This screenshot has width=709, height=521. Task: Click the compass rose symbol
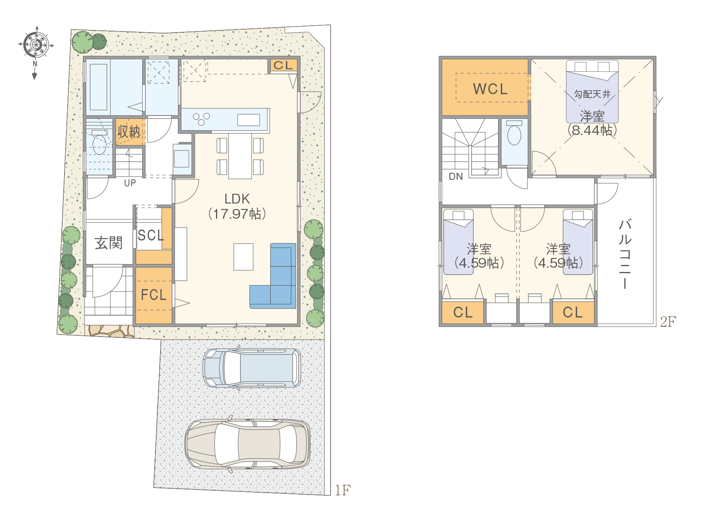pos(36,45)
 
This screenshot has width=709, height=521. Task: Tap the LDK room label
pos(237,199)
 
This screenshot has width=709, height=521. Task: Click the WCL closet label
pos(490,89)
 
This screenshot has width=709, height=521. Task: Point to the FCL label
pos(154,295)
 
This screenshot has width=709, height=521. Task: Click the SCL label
pos(151,235)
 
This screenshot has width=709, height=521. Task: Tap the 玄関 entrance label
pos(108,243)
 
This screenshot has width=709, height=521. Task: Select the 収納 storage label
pos(129,132)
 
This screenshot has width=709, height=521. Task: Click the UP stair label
pos(130,183)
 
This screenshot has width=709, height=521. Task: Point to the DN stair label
pos(456,177)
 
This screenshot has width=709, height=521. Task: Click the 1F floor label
pos(343,490)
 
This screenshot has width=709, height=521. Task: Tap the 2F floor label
pos(668,322)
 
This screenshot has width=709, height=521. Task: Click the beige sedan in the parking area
pos(247,444)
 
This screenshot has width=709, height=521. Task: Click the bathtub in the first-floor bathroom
pos(98,87)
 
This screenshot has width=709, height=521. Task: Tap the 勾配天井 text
pos(592,94)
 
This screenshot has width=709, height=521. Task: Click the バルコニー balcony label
pos(625,254)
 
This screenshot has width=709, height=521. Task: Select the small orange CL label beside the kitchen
pos(283,65)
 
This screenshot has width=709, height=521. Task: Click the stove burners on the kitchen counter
pos(201,119)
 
